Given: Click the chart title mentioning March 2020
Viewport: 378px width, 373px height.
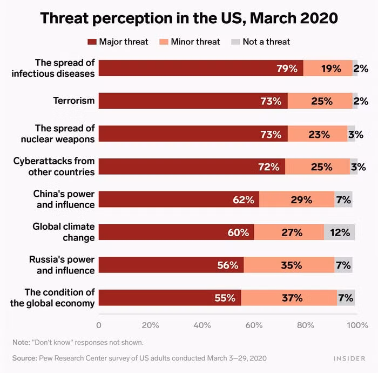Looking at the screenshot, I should pyautogui.click(x=189, y=18).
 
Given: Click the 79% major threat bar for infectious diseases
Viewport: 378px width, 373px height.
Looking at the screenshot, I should pyautogui.click(x=200, y=68).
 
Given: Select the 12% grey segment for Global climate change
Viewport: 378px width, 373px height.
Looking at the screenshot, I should pyautogui.click(x=339, y=232).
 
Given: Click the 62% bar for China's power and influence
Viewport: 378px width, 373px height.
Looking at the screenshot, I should pyautogui.click(x=179, y=199).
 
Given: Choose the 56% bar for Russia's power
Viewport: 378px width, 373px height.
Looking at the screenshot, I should pyautogui.click(x=171, y=265).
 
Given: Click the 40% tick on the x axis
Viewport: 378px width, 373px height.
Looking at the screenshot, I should pyautogui.click(x=202, y=325).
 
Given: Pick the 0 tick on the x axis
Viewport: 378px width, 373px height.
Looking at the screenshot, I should pyautogui.click(x=98, y=325).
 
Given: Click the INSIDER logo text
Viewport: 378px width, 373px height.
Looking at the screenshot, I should pyautogui.click(x=349, y=358).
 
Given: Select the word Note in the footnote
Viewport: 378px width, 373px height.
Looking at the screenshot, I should pyautogui.click(x=21, y=342).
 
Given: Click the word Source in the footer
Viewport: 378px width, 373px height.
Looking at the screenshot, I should pyautogui.click(x=24, y=358).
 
